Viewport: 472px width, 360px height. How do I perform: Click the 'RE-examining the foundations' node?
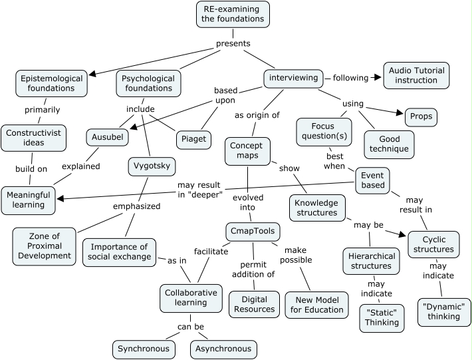tap(233, 14)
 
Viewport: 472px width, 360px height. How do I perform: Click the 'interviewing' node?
tap(293, 78)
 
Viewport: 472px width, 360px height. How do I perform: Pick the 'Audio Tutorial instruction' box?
tap(417, 75)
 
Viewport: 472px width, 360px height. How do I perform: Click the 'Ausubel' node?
tap(107, 137)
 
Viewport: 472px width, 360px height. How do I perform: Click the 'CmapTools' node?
tap(252, 232)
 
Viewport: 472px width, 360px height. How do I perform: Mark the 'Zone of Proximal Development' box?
tap(45, 246)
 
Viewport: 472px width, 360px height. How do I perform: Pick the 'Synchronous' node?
tap(144, 349)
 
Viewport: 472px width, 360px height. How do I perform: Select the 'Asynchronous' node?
tap(223, 349)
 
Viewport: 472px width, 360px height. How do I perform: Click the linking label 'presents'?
tap(233, 44)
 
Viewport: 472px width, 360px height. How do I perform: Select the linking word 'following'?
tap(350, 78)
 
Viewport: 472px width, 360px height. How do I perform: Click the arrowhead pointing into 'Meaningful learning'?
tap(59, 198)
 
